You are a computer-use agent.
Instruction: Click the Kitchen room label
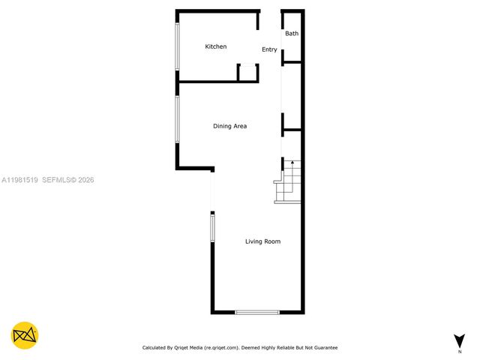(216, 46)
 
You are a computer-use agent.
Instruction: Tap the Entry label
(269, 49)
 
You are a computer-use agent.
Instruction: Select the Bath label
(292, 34)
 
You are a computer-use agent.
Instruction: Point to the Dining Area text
(229, 126)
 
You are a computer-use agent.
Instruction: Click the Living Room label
(262, 241)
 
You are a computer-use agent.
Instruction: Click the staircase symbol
(289, 183)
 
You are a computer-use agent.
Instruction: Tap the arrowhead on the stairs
(292, 162)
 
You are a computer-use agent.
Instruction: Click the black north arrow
(458, 340)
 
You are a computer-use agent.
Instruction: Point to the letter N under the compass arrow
(458, 351)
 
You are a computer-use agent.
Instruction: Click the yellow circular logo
(25, 335)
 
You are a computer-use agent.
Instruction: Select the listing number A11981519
(19, 180)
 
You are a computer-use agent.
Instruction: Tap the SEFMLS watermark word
(57, 180)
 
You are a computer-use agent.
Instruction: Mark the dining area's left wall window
(178, 118)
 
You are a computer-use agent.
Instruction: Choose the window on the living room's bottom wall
(257, 312)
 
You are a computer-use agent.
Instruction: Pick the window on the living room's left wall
(212, 228)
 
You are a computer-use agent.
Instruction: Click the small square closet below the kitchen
(248, 73)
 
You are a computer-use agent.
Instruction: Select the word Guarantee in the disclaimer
(323, 348)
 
